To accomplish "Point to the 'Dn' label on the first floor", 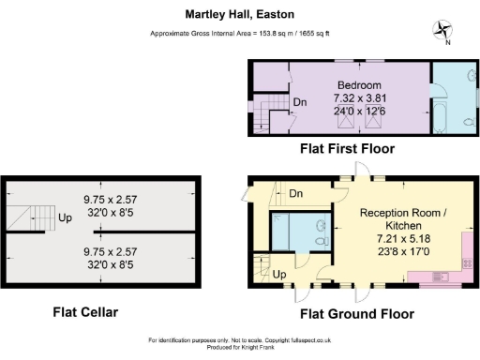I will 300,102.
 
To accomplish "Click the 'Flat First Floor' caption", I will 346,149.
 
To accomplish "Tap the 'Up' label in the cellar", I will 66,217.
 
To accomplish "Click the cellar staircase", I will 34,217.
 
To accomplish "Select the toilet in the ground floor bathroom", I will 321,241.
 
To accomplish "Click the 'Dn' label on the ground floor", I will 295,194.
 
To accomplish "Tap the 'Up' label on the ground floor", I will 279,276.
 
